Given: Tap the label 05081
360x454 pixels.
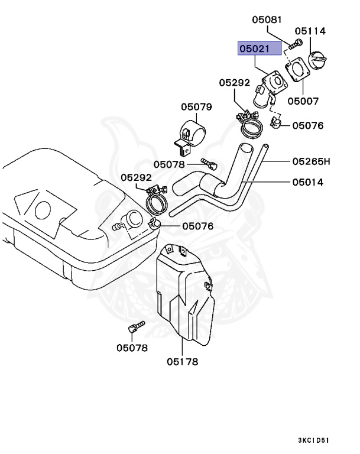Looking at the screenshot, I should click(267, 20).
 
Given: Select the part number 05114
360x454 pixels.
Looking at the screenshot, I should click(310, 31).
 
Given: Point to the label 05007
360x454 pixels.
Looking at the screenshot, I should click(303, 101).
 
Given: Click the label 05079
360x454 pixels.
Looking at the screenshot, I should click(196, 107).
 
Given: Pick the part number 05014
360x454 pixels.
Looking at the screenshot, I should click(307, 182).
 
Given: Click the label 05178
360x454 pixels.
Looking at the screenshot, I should click(182, 362).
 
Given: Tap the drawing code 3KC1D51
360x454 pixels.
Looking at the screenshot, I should click(313, 440).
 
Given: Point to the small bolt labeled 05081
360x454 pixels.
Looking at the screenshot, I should click(296, 43).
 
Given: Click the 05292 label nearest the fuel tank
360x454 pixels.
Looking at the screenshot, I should click(137, 177).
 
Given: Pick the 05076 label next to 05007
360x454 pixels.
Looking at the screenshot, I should click(308, 125).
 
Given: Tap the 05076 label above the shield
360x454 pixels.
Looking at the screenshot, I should click(198, 226).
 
